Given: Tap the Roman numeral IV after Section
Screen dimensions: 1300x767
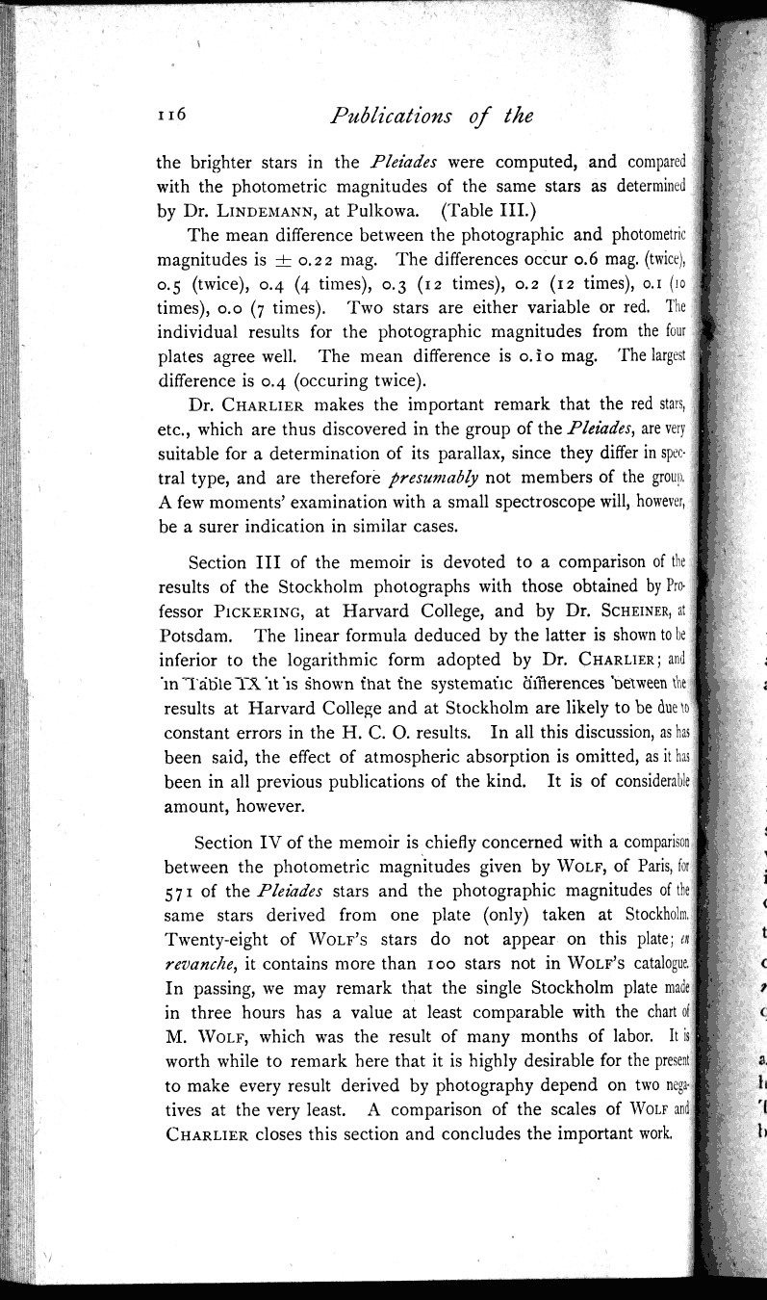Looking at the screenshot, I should pyautogui.click(x=273, y=844).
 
